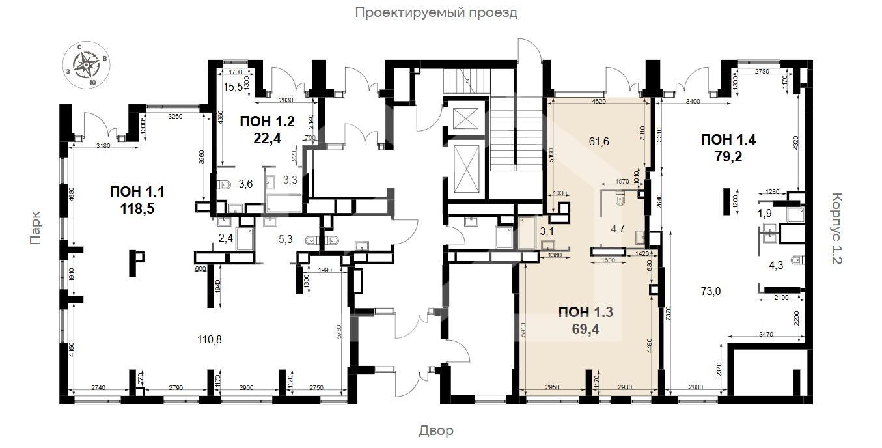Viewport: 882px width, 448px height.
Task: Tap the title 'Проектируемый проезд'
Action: point(436,12)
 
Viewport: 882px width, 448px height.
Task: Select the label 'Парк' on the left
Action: point(35,228)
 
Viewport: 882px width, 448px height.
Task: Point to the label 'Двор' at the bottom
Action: point(435,430)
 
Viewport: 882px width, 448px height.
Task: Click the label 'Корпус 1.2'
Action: point(836,228)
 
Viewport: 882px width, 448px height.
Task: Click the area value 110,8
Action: point(210,339)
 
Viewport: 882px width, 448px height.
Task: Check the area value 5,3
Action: point(286,239)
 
